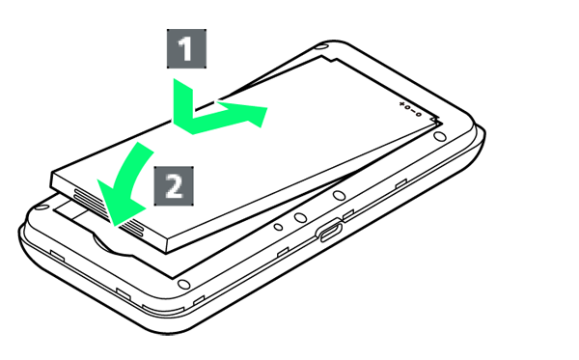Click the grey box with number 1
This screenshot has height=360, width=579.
click(186, 48)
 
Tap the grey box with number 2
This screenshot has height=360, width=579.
click(174, 186)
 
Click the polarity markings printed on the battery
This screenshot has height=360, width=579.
click(410, 109)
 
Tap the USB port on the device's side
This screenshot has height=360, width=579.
click(329, 230)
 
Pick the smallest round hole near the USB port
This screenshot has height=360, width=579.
click(279, 227)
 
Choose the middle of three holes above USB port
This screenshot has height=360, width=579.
click(301, 217)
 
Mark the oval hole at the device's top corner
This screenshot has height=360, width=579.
click(322, 47)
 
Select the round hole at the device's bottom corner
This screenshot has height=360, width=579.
click(183, 285)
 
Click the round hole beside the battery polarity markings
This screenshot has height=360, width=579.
click(439, 137)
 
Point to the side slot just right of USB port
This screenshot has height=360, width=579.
click(348, 214)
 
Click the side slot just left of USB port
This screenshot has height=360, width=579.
click(283, 252)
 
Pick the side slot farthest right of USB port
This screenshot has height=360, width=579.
click(401, 183)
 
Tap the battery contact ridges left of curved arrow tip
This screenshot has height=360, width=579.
click(89, 201)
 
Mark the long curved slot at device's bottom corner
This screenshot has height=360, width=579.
click(163, 309)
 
